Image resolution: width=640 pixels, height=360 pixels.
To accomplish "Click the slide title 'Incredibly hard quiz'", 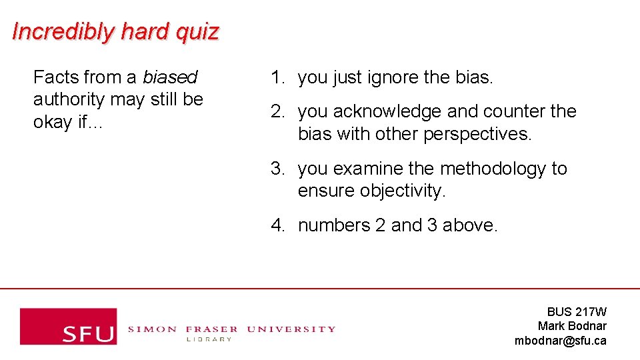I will [x=115, y=31].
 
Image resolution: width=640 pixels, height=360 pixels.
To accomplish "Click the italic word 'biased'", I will [x=170, y=78].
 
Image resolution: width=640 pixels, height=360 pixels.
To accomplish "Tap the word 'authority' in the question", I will [x=69, y=100].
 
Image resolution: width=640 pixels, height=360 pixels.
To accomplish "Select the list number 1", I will [x=277, y=78].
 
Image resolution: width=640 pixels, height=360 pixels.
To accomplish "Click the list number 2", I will [x=277, y=111].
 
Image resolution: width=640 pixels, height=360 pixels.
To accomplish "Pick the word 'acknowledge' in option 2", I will [x=387, y=111].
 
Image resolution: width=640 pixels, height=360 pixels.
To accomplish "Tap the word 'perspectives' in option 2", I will [x=477, y=134].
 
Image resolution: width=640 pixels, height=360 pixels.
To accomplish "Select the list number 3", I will [x=277, y=169].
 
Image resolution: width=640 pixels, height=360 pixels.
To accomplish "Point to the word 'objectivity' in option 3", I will [x=402, y=191].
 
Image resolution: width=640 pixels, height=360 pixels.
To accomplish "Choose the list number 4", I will [x=277, y=226].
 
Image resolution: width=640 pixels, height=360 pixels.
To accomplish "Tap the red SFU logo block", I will [x=68, y=326].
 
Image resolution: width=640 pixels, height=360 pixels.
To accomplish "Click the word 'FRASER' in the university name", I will [x=211, y=329].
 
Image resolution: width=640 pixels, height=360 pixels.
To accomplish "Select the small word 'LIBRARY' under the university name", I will [x=208, y=339].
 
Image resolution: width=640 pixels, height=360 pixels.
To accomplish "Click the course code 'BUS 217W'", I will [x=577, y=312].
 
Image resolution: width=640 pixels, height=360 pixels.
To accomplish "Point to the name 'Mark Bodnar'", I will [x=572, y=326].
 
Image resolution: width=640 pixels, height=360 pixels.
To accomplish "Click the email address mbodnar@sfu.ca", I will [x=560, y=341].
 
